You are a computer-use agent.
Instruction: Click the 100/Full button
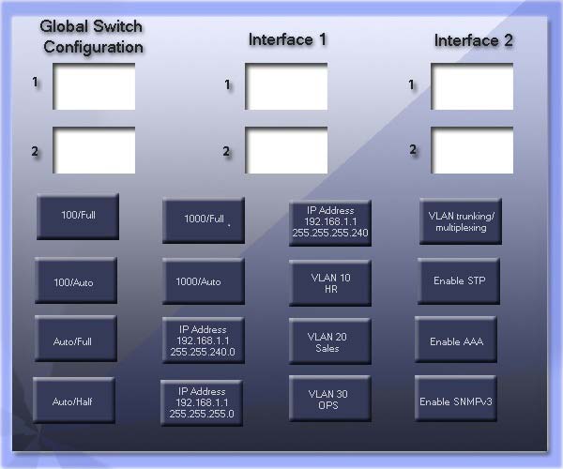tap(78, 217)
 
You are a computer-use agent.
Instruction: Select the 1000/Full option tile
tap(204, 220)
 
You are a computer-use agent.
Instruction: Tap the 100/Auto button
tap(76, 280)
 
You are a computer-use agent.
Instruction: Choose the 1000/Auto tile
tap(204, 281)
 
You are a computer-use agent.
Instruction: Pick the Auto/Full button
tap(76, 339)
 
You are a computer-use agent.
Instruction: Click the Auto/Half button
tap(74, 400)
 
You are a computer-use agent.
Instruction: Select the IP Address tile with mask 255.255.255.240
tap(330, 223)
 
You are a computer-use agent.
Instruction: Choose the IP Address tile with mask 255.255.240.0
tap(204, 340)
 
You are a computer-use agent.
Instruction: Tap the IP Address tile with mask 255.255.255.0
tap(202, 403)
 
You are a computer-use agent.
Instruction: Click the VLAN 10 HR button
tap(330, 282)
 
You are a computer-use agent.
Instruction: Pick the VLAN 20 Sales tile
tap(330, 341)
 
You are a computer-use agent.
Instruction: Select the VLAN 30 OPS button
tap(330, 399)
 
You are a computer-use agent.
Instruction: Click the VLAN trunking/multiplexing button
tap(461, 221)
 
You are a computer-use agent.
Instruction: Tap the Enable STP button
tap(459, 281)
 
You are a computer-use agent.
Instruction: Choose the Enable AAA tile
tap(456, 340)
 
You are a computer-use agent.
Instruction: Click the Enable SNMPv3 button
tap(456, 399)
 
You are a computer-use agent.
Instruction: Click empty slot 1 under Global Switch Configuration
tap(94, 86)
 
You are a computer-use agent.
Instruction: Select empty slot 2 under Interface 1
tap(286, 150)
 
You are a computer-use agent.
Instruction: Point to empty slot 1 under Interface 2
tap(472, 86)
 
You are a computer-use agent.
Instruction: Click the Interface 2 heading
tap(473, 40)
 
